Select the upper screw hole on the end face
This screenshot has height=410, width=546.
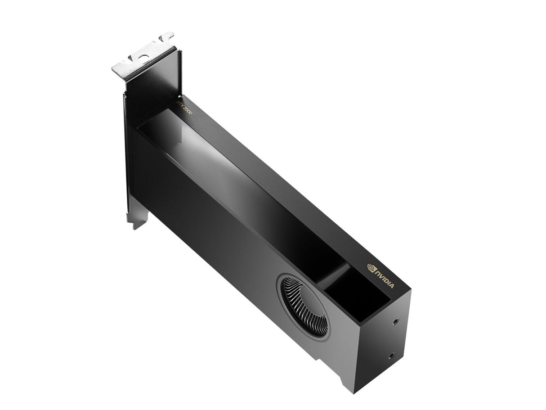pos(395,322)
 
